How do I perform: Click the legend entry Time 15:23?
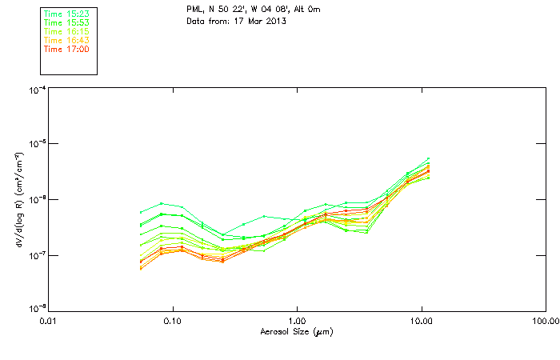[x=66, y=14]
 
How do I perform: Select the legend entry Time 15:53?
[x=66, y=22]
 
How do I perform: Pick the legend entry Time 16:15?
[x=66, y=31]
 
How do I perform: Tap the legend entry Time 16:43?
[x=66, y=40]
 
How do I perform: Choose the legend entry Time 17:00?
[x=66, y=49]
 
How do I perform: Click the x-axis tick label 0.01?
[x=48, y=321]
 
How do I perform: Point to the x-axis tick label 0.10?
[x=172, y=321]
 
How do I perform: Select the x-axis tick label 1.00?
[x=297, y=321]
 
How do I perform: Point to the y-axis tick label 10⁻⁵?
[x=36, y=145]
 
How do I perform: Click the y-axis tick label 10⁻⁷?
[x=36, y=255]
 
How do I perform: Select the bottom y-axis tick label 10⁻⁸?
[x=36, y=309]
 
